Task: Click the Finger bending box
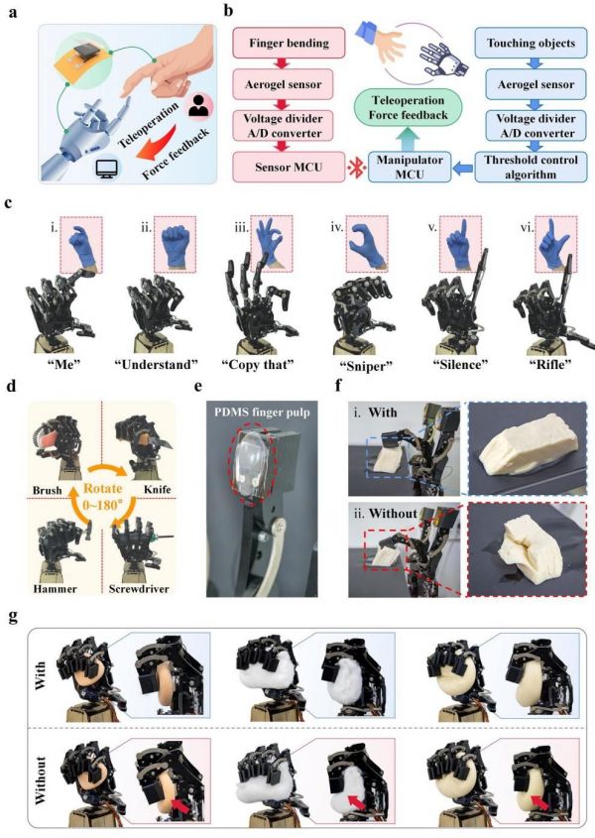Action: tap(289, 44)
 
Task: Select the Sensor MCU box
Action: tap(289, 167)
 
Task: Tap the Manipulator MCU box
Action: tap(410, 167)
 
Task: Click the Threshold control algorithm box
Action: tap(531, 167)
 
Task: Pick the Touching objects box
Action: tap(531, 44)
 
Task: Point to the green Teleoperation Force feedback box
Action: tap(409, 107)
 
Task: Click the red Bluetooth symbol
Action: tap(357, 168)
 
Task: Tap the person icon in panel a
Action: tap(199, 107)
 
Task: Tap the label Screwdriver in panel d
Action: tap(139, 589)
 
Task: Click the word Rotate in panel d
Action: tap(104, 488)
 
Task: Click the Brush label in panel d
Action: tap(47, 490)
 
